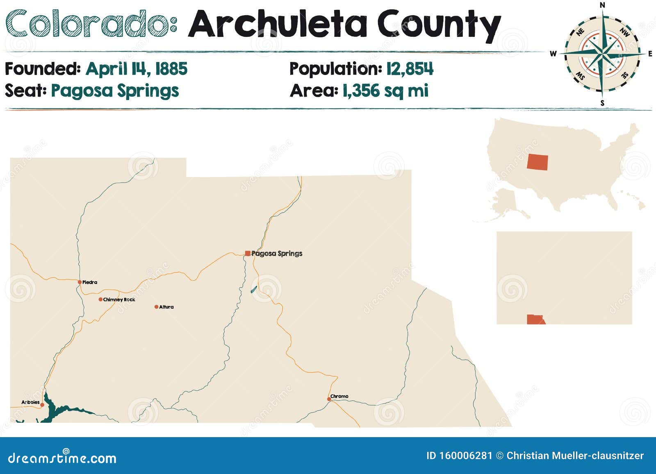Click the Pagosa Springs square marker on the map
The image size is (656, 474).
tap(248, 254)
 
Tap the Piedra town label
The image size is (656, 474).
tap(90, 282)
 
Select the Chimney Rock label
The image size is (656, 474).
tap(119, 299)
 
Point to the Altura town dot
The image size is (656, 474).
tap(156, 306)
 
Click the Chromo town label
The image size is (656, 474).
tap(339, 396)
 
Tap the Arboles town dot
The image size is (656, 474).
tap(42, 405)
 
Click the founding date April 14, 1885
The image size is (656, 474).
tap(137, 69)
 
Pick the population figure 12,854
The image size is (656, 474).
tap(410, 69)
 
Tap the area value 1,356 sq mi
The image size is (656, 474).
tap(385, 91)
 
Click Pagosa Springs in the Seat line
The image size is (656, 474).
tap(115, 91)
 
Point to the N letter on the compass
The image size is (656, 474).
tap(602, 5)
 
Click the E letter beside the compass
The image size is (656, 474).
tap(650, 54)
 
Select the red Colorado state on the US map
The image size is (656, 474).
tap(537, 162)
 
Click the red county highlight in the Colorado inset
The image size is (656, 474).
tap(535, 319)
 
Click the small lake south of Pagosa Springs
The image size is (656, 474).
tap(254, 289)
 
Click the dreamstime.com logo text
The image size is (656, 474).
tap(62, 458)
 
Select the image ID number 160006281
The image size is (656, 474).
tap(465, 456)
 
